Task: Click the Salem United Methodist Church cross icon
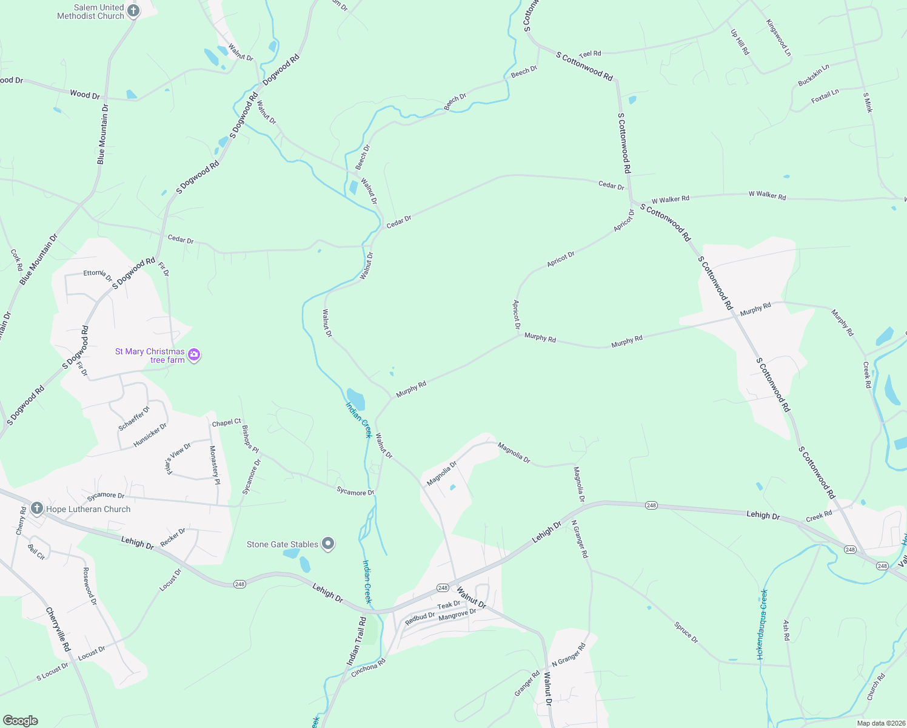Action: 133,10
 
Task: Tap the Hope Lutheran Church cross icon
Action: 36,508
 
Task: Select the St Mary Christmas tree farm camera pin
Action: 194,355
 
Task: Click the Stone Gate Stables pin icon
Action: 328,544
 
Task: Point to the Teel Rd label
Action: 590,54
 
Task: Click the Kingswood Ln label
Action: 778,38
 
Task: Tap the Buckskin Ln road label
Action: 814,75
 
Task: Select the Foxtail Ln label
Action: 825,96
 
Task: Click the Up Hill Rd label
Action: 740,42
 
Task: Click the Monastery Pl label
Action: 214,465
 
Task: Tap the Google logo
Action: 21,721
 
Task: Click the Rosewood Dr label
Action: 90,586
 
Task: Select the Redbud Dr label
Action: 420,619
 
